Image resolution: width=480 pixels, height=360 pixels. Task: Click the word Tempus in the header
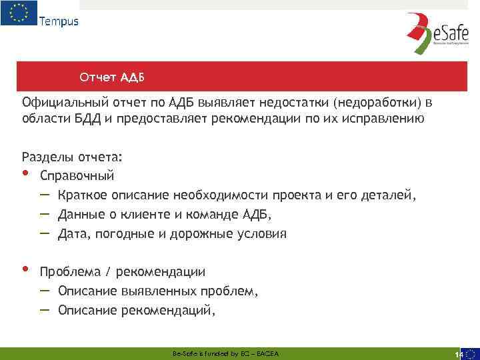[59, 21]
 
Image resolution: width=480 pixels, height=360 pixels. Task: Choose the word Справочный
[77, 177]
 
